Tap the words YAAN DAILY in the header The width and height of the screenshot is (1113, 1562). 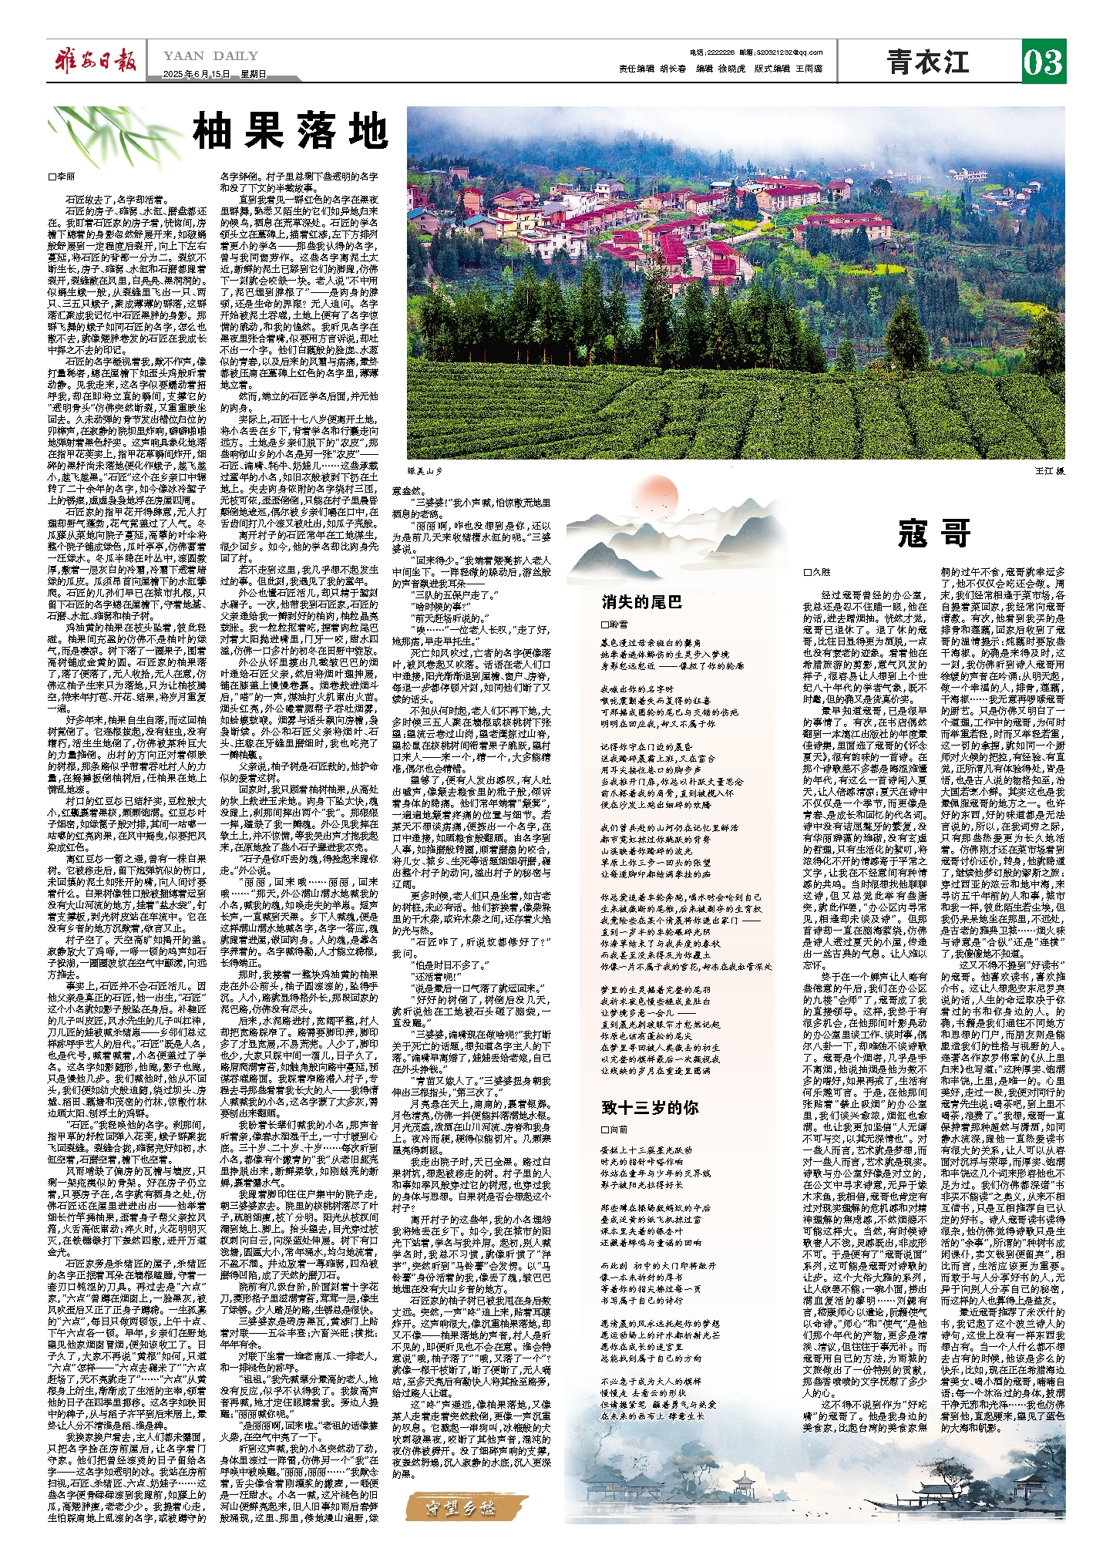pos(210,56)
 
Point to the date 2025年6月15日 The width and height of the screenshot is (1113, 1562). pos(197,75)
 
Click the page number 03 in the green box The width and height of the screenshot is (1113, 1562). pos(1043,62)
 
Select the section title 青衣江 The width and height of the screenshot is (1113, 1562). pos(927,62)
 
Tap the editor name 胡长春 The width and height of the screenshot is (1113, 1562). pos(673,69)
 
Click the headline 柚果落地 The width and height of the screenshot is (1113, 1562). pos(291,131)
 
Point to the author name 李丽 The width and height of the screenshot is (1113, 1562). pos(64,177)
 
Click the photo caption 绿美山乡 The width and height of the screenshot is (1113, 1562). pos(426,470)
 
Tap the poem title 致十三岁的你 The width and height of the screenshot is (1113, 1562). pos(650,1107)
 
